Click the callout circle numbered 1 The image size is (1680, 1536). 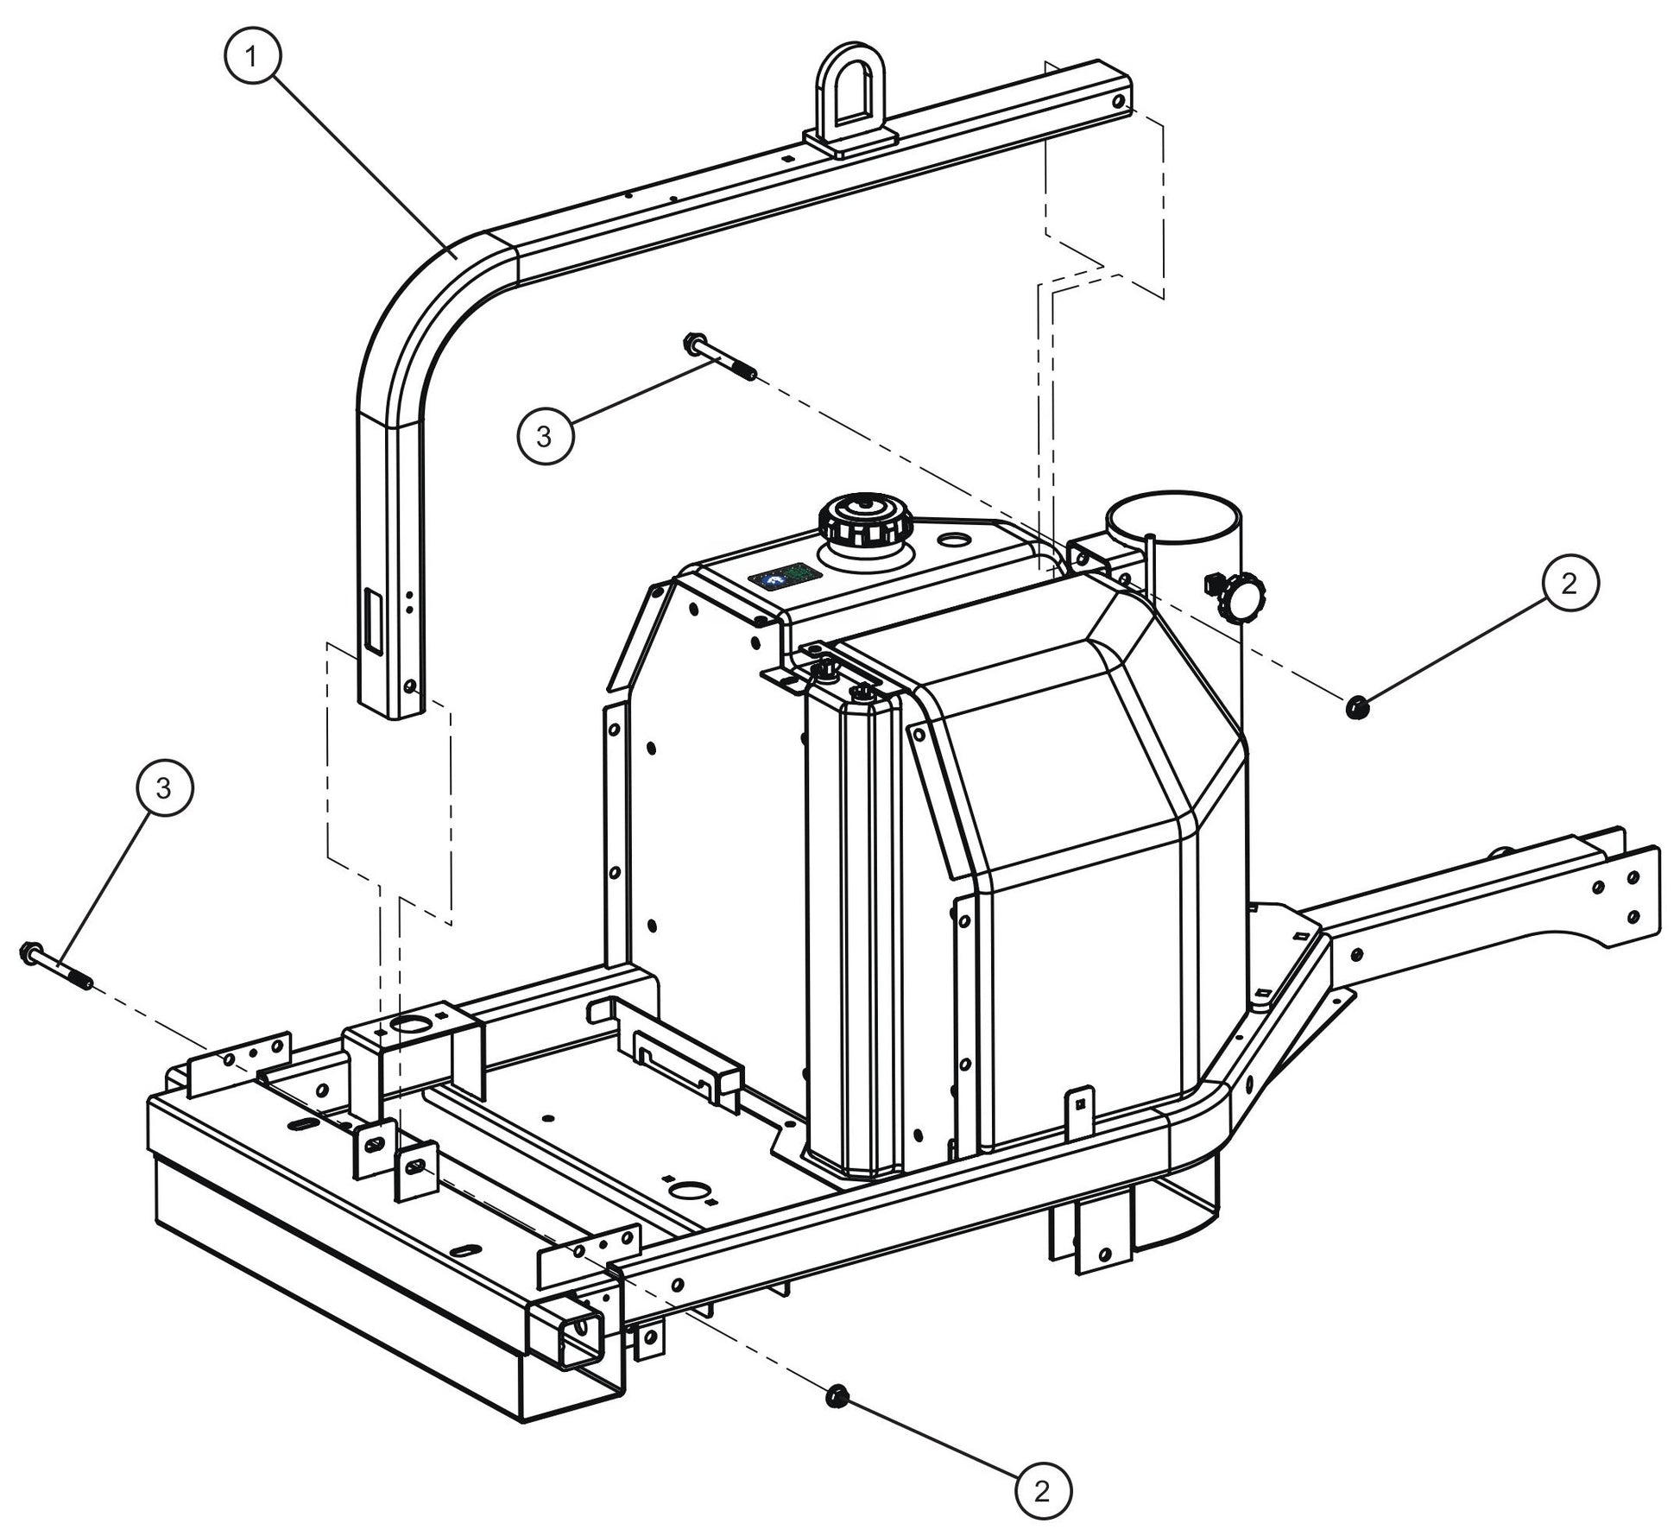[251, 58]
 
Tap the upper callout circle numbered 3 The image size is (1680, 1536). [544, 436]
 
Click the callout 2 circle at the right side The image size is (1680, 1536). [1569, 584]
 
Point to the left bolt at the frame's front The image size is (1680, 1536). [54, 966]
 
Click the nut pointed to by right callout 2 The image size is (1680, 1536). [1356, 708]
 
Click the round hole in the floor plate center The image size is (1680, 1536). [688, 1192]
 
